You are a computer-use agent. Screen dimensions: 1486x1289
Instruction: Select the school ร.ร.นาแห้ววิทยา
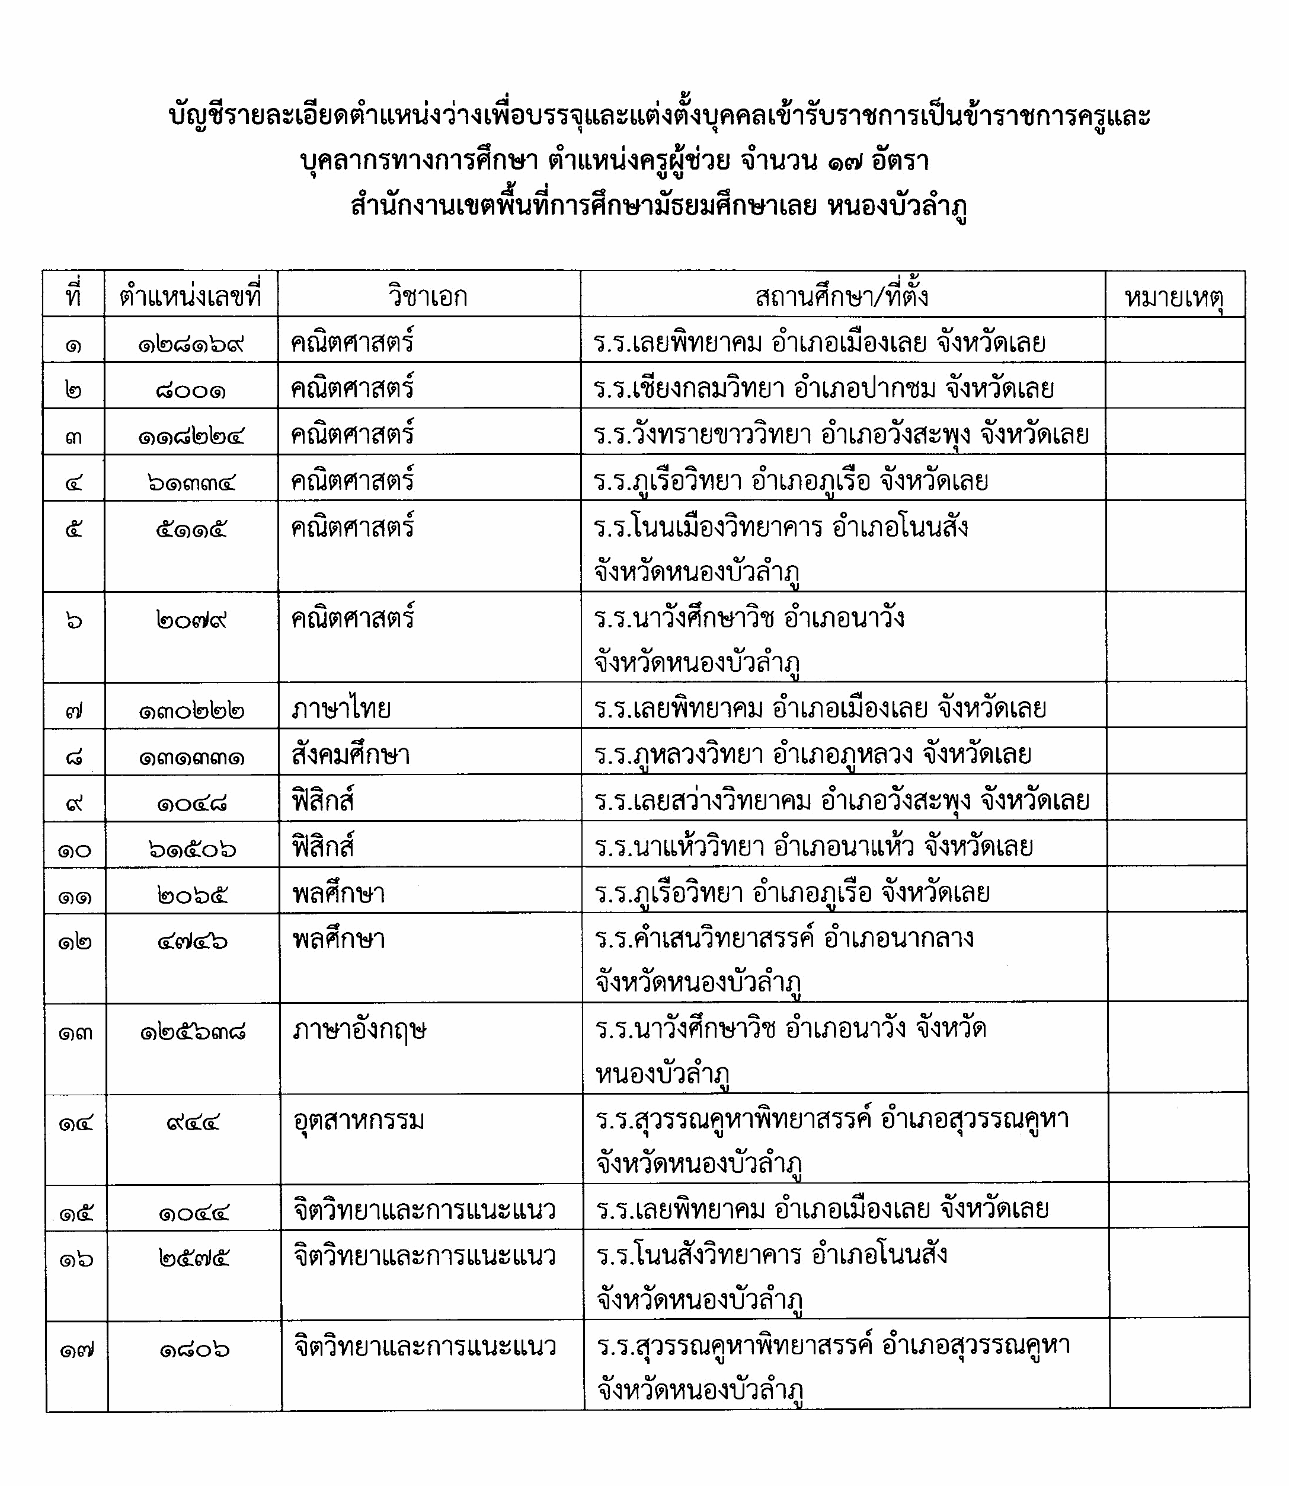(679, 847)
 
